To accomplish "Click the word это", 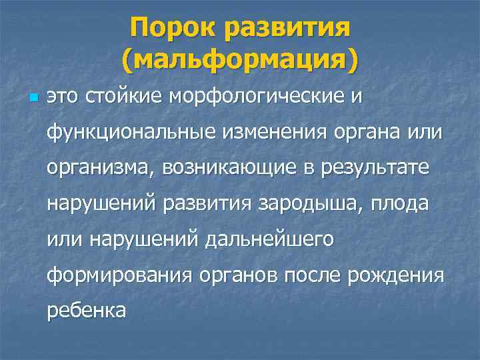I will (62, 97).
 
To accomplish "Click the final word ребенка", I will (85, 311).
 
